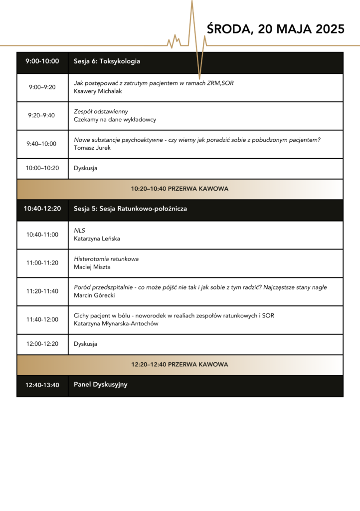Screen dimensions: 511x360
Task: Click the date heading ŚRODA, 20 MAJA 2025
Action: [x=275, y=29]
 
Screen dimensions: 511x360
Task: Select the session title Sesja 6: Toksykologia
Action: [x=107, y=61]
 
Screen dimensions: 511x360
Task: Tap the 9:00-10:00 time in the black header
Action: [x=42, y=61]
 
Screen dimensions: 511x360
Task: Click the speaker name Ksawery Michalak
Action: [x=98, y=91]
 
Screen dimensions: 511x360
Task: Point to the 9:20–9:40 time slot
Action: [x=42, y=115]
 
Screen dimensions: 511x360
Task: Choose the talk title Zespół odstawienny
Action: [x=101, y=111]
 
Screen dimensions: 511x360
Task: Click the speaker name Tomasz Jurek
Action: [x=92, y=148]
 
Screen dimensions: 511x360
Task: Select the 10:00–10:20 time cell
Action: [x=42, y=168]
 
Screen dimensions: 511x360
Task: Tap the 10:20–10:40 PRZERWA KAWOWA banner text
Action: [x=180, y=189]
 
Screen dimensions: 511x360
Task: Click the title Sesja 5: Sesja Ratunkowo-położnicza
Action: [x=130, y=209]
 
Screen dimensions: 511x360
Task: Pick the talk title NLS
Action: [x=79, y=231]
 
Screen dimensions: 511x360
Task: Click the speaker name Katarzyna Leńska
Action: [x=97, y=239]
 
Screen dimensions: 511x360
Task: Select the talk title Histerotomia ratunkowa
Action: [x=106, y=259]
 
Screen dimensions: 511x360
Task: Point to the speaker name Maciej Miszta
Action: [x=92, y=267]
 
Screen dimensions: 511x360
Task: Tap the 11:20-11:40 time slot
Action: [x=42, y=291]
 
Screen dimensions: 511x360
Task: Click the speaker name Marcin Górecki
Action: [x=94, y=295]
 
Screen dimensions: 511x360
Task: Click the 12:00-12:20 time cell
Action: [x=42, y=344]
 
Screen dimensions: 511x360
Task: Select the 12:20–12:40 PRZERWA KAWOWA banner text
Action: [x=180, y=365]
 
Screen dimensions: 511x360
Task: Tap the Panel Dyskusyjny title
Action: [x=100, y=385]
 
